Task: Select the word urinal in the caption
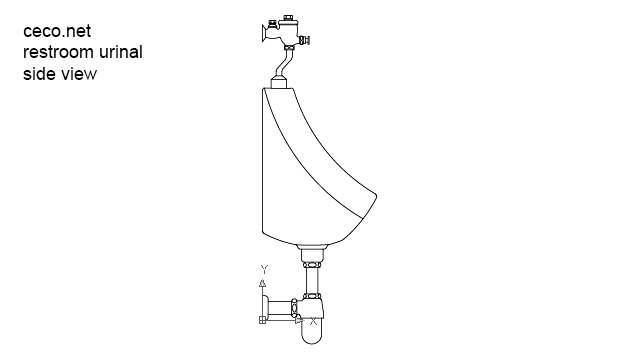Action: [x=121, y=52]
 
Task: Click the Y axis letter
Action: [x=264, y=269]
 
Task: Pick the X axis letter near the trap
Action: [x=314, y=322]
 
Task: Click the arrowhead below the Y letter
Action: [x=263, y=283]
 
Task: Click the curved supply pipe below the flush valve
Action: [x=284, y=66]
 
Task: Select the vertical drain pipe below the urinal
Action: [x=312, y=280]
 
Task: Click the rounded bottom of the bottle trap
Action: [x=312, y=337]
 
